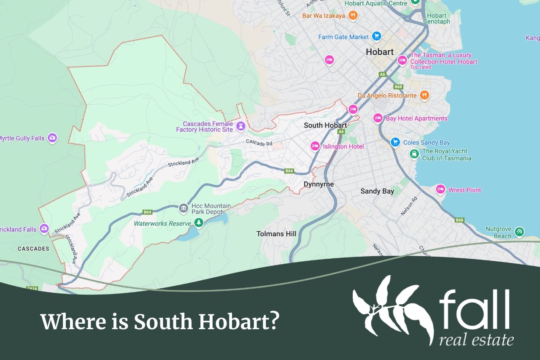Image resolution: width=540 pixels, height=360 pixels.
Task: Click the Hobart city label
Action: [380, 52]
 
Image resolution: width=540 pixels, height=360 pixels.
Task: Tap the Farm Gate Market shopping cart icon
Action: [377, 36]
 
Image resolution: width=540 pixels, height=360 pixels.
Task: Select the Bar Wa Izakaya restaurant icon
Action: [353, 16]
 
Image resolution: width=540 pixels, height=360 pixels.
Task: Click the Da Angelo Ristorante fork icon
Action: [424, 95]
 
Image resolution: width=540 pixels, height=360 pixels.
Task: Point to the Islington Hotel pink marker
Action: [315, 146]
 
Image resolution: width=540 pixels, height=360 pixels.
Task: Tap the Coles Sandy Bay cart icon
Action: [395, 142]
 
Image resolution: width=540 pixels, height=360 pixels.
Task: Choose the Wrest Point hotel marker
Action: [440, 189]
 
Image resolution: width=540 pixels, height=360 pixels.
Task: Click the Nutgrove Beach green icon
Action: [520, 231]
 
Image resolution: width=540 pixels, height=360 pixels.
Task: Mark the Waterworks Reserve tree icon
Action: [198, 222]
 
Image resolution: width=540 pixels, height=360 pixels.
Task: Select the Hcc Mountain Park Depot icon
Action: [183, 208]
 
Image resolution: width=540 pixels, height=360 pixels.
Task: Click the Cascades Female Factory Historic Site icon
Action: [241, 126]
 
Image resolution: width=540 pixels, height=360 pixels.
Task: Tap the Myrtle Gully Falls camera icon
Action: [52, 138]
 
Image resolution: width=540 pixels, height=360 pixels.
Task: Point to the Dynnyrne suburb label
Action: [319, 184]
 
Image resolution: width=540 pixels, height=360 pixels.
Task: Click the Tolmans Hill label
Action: [276, 234]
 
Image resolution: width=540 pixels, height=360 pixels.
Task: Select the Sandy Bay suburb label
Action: [377, 191]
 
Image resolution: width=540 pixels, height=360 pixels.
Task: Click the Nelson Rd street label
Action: [408, 206]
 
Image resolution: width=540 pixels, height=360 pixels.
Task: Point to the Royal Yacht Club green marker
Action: [414, 154]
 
